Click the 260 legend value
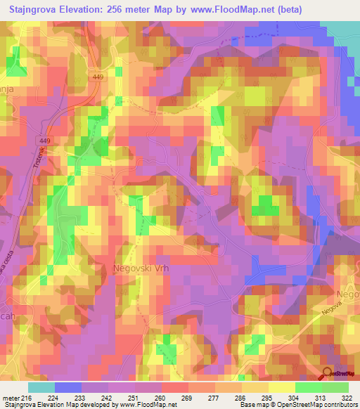(161, 398)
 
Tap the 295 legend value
(268, 398)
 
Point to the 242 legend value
(108, 398)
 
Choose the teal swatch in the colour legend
(41, 387)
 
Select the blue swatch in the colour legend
(67, 387)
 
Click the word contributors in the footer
(337, 405)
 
